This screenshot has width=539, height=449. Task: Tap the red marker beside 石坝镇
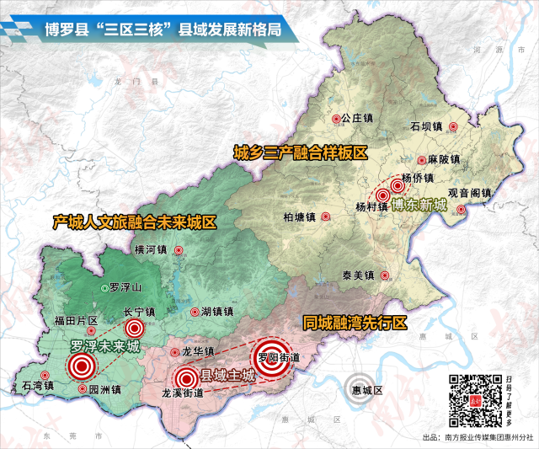pyautogui.click(x=453, y=127)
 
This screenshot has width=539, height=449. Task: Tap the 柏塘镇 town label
pyautogui.click(x=299, y=216)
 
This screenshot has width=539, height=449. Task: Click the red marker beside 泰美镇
pyautogui.click(x=384, y=275)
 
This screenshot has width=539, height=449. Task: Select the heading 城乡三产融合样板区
pyautogui.click(x=301, y=152)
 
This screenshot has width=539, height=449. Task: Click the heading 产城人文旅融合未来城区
pyautogui.click(x=135, y=222)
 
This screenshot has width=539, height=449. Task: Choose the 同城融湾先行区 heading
pyautogui.click(x=355, y=323)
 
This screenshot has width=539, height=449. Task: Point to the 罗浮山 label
pyautogui.click(x=126, y=288)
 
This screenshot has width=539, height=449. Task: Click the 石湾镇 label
pyautogui.click(x=26, y=387)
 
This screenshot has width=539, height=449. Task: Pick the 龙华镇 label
pyautogui.click(x=199, y=352)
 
